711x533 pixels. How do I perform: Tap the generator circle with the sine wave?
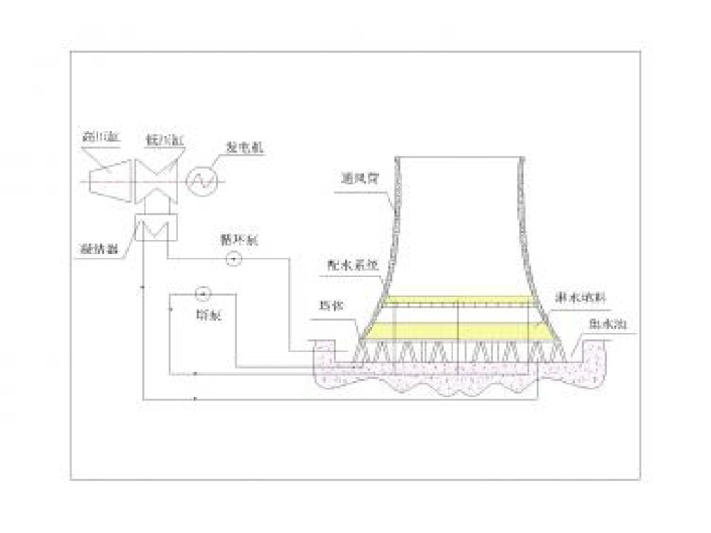tap(203, 180)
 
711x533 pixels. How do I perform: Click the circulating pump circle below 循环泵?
tap(234, 260)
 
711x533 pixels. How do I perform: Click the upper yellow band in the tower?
tap(458, 300)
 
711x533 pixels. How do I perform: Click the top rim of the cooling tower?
tap(459, 158)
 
